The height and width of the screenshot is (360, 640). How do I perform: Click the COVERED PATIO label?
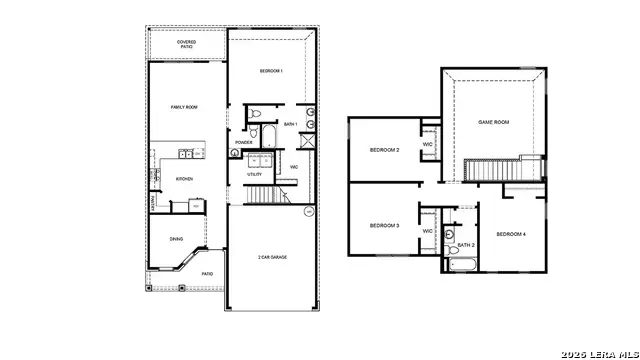(186, 43)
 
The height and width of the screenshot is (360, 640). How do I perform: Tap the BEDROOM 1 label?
(271, 71)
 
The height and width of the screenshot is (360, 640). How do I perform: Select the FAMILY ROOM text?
(183, 107)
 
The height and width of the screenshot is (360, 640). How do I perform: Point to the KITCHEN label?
(184, 179)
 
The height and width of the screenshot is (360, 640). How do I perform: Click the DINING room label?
(176, 239)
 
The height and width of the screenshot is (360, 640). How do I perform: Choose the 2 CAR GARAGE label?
(272, 258)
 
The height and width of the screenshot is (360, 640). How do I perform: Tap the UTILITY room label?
(255, 174)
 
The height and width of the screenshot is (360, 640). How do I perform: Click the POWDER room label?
(243, 143)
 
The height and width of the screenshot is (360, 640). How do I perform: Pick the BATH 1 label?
(290, 124)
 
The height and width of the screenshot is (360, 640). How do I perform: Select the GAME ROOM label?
(494, 122)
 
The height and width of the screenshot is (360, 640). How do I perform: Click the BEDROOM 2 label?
(384, 150)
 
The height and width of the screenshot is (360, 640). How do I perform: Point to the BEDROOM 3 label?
(384, 226)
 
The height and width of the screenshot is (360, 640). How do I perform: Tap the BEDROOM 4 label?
(511, 234)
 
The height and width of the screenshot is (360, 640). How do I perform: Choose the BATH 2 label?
(465, 245)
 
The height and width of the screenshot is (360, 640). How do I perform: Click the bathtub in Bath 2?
(464, 265)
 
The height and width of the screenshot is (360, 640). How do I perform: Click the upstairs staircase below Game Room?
(490, 171)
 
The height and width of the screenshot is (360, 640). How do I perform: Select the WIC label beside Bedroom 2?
(428, 145)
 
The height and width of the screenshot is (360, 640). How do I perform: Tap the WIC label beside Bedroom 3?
(428, 231)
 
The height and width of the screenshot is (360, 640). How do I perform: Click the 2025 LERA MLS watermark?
(598, 352)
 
